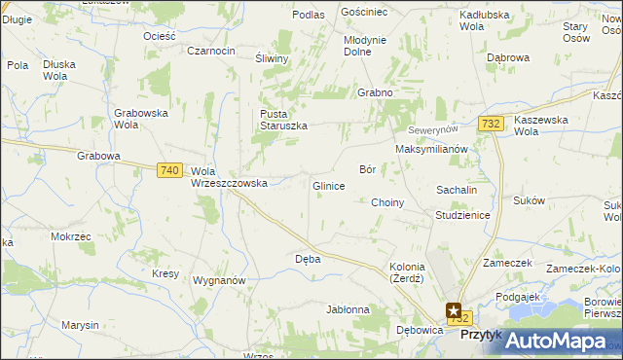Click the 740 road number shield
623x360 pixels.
[168, 170]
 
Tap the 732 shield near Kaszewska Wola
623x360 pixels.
[491, 123]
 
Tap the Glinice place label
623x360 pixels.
[328, 186]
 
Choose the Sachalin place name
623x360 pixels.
[456, 190]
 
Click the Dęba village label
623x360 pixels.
[308, 260]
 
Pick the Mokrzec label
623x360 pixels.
[70, 236]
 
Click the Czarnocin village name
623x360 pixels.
[211, 51]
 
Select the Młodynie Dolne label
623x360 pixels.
[365, 46]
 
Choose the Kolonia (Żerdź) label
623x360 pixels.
[407, 272]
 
